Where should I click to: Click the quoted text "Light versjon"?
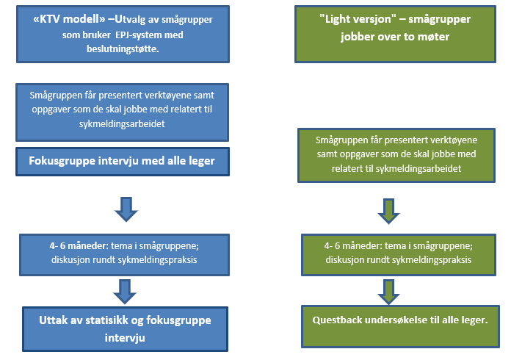tap(347, 20)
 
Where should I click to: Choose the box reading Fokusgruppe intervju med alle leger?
tap(122, 161)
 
